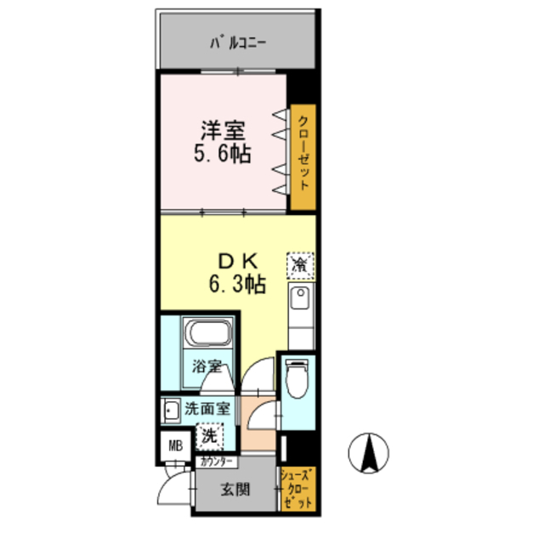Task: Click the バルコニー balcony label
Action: pyautogui.click(x=237, y=42)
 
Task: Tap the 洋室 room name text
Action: pyautogui.click(x=224, y=133)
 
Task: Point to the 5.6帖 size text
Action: pyautogui.click(x=224, y=156)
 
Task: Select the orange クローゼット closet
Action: pyautogui.click(x=302, y=157)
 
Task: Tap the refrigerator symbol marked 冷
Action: pyautogui.click(x=299, y=264)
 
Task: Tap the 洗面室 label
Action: pyautogui.click(x=207, y=408)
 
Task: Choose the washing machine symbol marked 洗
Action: pyautogui.click(x=208, y=436)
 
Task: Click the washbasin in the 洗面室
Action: pyautogui.click(x=172, y=410)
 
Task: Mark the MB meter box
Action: pyautogui.click(x=174, y=445)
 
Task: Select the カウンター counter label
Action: pyautogui.click(x=217, y=462)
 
